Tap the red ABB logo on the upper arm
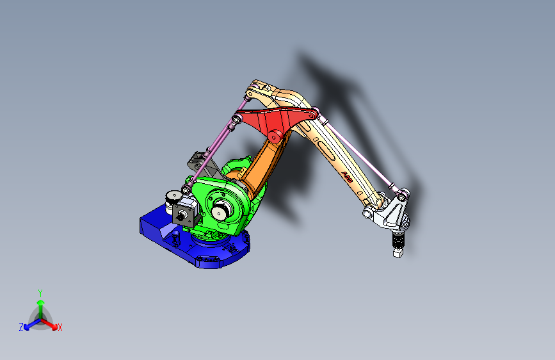click(x=346, y=177)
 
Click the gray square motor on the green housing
click(x=186, y=212)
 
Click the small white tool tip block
click(x=398, y=254)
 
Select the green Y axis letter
click(x=40, y=292)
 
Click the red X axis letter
click(x=60, y=328)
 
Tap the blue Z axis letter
click(x=21, y=327)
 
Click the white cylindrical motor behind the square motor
click(x=172, y=198)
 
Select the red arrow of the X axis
click(x=52, y=324)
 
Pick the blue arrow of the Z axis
click(x=29, y=325)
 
